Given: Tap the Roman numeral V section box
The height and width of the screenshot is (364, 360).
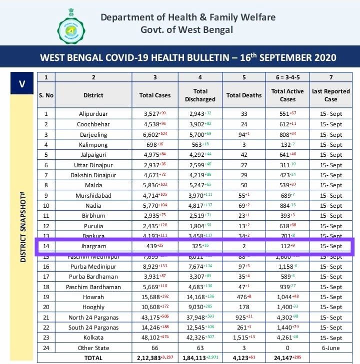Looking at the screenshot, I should [21, 83].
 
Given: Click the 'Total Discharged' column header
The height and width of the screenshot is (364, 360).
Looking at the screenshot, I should [200, 95].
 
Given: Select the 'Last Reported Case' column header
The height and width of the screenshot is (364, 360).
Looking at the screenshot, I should [330, 95].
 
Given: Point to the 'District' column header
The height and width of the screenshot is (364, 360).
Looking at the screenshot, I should [93, 95].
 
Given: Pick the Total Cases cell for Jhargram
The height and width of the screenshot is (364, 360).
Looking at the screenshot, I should [155, 246].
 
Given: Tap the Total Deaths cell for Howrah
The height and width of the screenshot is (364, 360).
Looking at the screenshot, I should [244, 297].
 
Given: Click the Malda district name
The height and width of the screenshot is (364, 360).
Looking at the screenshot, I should [93, 185].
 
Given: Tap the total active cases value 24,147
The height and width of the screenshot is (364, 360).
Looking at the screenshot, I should [287, 358].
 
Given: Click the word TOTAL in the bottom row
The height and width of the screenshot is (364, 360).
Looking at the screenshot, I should [93, 358].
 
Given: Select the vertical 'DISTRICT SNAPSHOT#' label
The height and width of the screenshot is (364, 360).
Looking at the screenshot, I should [23, 220].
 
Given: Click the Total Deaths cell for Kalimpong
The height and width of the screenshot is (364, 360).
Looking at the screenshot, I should [244, 145].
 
